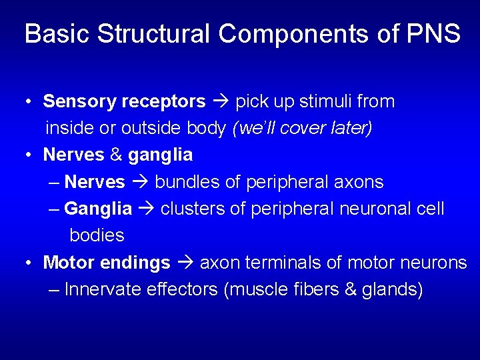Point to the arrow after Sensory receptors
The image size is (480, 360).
click(221, 102)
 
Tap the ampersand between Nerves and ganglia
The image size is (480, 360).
click(116, 155)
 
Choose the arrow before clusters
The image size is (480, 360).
click(147, 209)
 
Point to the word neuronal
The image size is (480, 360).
click(369, 209)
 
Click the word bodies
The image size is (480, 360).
click(97, 235)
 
